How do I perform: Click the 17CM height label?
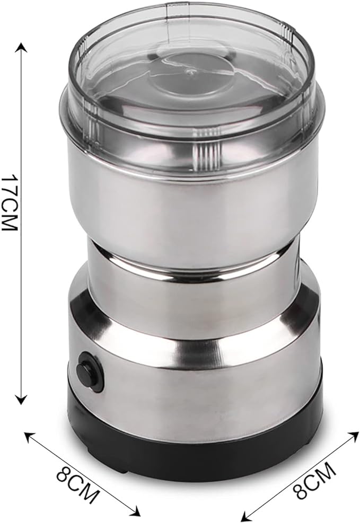[9, 204]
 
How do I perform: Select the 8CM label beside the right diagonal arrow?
[314, 480]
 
